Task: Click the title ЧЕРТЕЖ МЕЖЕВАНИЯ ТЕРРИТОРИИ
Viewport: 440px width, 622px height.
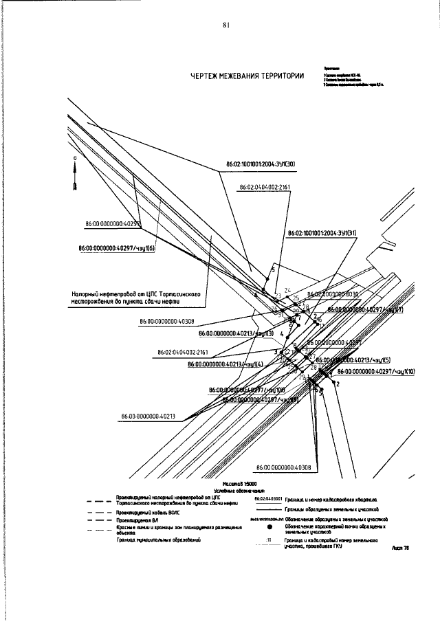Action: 247,77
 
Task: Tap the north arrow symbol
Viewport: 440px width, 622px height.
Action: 75,175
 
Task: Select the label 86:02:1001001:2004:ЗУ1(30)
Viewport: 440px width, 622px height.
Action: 261,164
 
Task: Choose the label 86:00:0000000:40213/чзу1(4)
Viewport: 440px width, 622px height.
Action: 225,364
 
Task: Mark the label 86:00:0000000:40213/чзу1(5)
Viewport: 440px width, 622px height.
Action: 357,359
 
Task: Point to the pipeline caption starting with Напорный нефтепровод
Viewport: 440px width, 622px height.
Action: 135,297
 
